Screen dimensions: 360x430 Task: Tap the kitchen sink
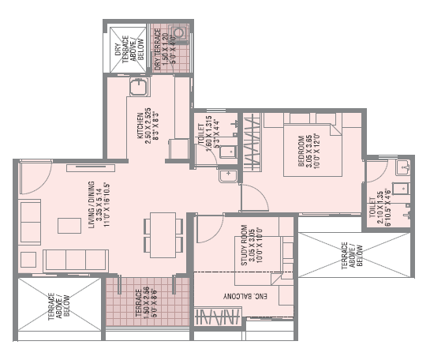140,86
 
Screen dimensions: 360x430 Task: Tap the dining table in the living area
163,234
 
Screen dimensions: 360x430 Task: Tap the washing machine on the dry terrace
179,34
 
